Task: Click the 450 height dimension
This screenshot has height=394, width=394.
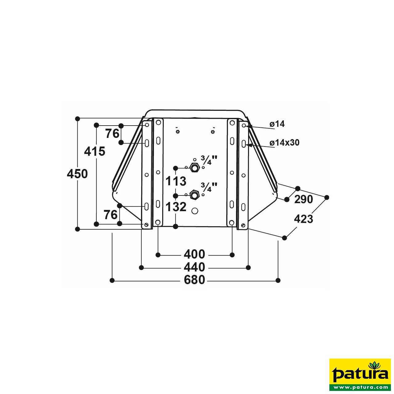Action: tap(77, 174)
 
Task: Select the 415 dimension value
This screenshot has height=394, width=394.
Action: tap(95, 151)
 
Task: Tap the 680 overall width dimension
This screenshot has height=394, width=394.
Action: tap(194, 280)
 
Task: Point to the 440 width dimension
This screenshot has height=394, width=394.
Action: tap(194, 267)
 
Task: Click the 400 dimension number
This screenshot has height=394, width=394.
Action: tap(194, 255)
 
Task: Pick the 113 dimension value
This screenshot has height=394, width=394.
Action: tap(176, 181)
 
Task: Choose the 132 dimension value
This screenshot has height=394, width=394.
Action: tap(176, 207)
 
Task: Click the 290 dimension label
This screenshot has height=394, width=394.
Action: tap(304, 199)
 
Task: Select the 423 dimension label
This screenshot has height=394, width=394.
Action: tap(304, 219)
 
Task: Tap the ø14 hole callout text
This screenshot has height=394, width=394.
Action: tap(277, 124)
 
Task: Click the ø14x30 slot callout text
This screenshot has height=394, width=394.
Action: tap(284, 143)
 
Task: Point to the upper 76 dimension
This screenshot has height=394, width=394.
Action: tap(112, 134)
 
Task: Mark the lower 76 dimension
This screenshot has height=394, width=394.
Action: tap(111, 215)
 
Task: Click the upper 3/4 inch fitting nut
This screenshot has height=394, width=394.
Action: tap(195, 168)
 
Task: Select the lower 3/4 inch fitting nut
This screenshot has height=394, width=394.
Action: tap(195, 195)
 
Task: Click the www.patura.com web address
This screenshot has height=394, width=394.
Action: tap(360, 387)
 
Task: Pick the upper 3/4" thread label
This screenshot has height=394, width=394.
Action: tap(209, 160)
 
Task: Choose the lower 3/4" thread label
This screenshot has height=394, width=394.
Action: tap(209, 187)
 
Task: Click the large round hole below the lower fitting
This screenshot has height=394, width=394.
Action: tap(195, 211)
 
